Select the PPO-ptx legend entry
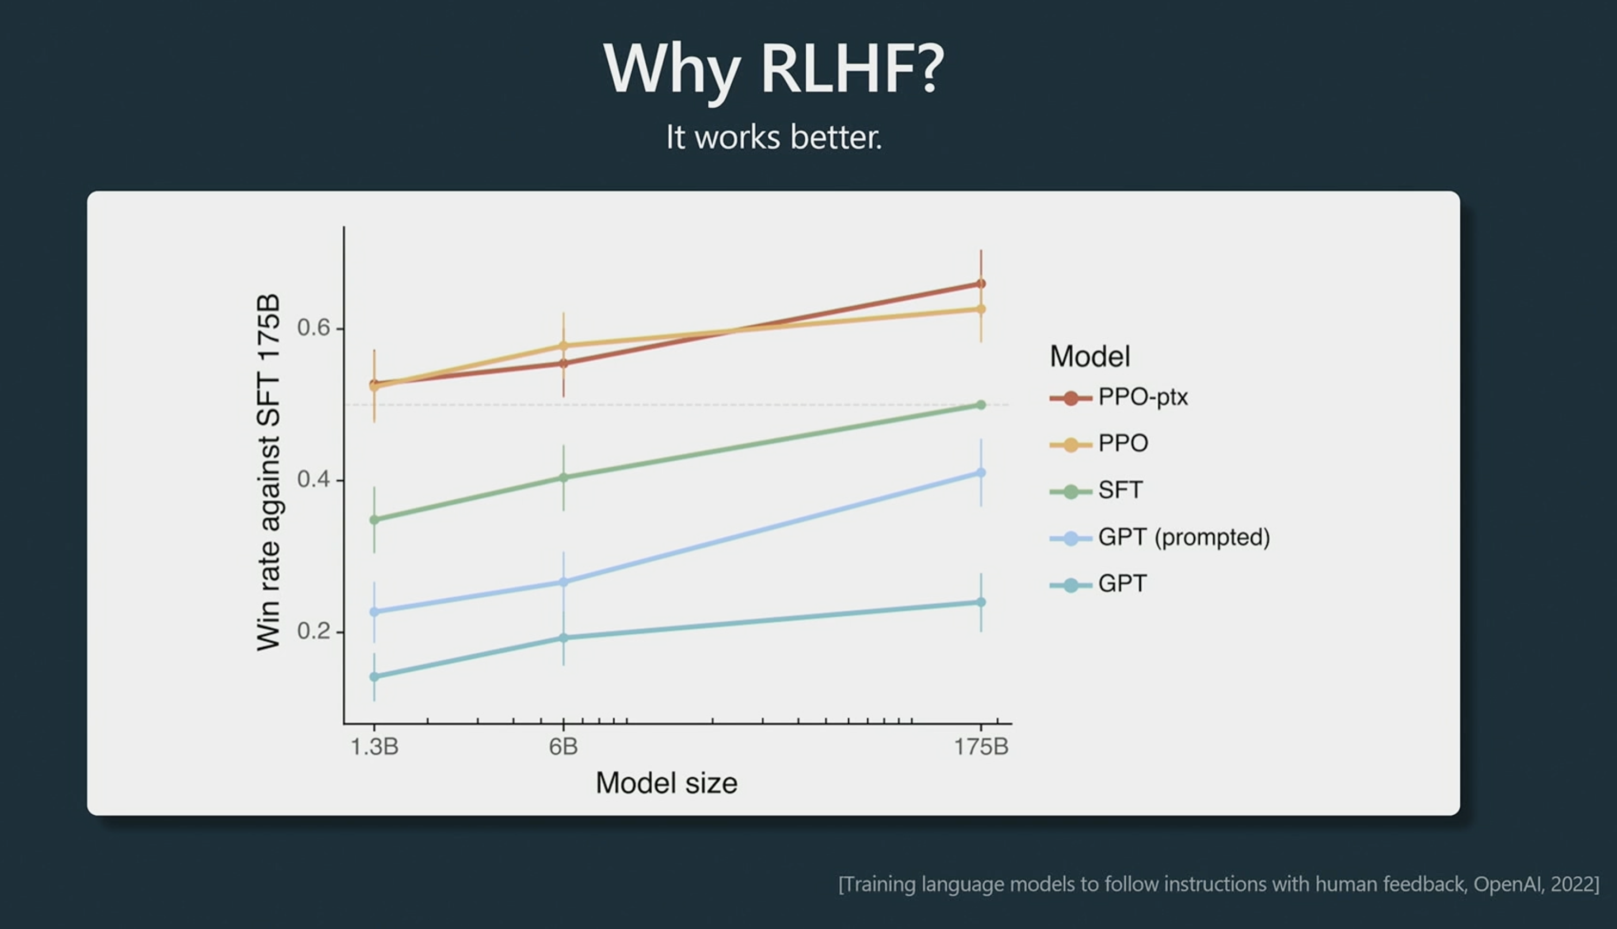click(x=1119, y=398)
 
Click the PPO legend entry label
click(x=1123, y=443)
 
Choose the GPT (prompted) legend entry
click(x=1159, y=537)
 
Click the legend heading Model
click(x=1090, y=356)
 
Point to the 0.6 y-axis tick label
click(x=314, y=327)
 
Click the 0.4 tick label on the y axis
click(x=314, y=479)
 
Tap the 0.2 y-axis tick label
click(x=314, y=631)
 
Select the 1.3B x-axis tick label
click(x=374, y=746)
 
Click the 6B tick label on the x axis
click(x=564, y=746)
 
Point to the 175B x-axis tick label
click(x=982, y=746)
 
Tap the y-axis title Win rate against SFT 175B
click(x=269, y=472)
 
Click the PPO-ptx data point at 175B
click(x=982, y=283)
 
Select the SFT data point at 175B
click(x=982, y=405)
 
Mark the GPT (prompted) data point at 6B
click(x=564, y=582)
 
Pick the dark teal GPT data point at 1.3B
click(x=374, y=676)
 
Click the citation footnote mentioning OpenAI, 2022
click(x=1219, y=884)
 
